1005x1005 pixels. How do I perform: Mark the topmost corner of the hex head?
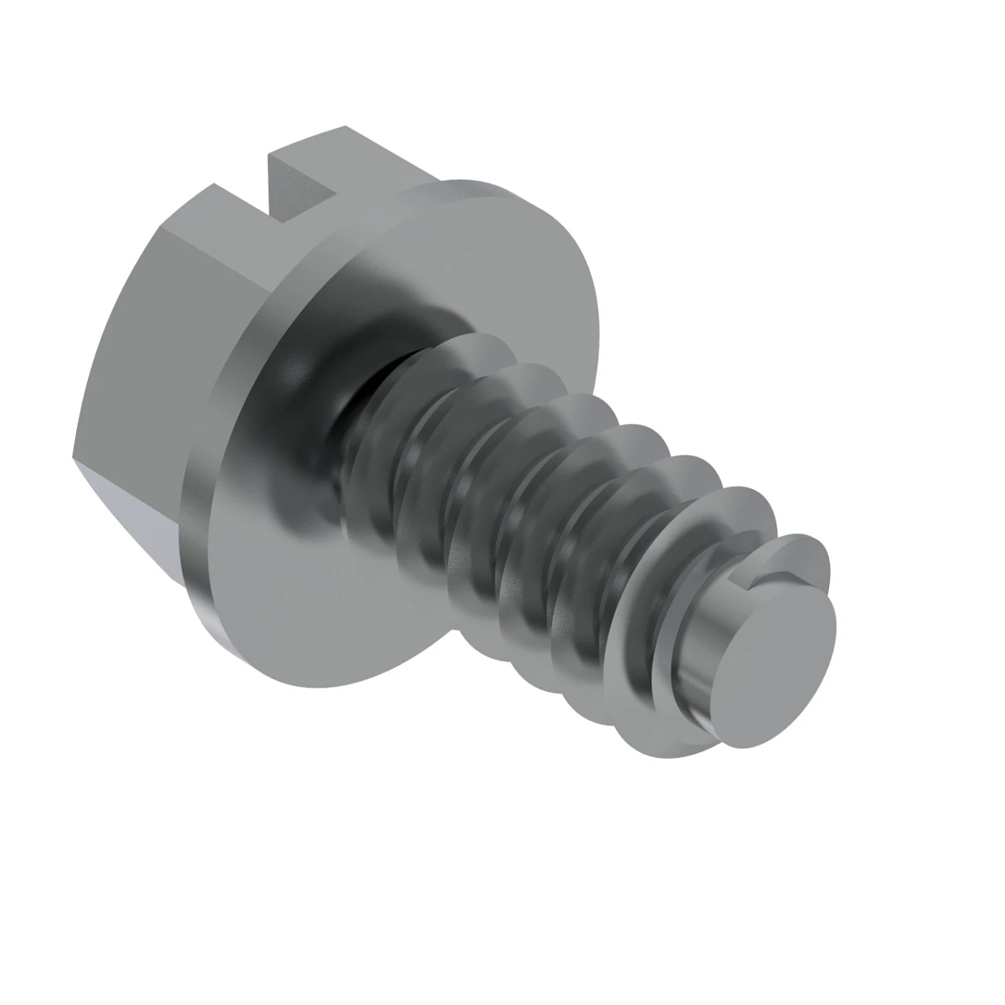pyautogui.click(x=345, y=128)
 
